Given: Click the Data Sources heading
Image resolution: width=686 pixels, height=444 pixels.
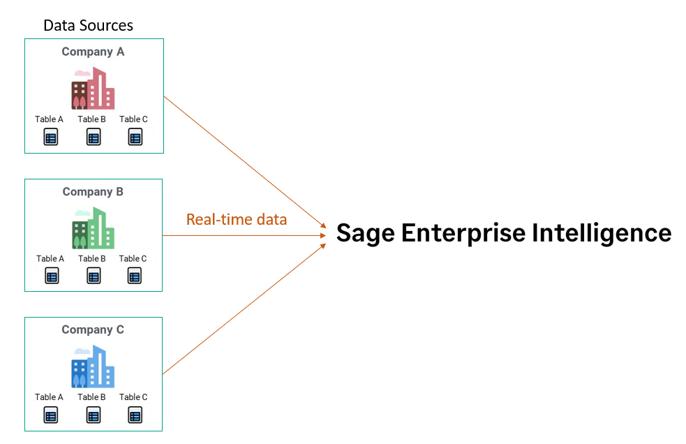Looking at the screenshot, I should click(88, 26).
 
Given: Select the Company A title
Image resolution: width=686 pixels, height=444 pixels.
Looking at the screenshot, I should click(93, 52).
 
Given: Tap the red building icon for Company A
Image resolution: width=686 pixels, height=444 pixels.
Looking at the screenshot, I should click(93, 89).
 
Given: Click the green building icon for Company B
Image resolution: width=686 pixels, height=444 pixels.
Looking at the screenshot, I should click(93, 228).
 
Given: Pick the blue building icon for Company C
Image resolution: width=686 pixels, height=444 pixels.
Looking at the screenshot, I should click(93, 367).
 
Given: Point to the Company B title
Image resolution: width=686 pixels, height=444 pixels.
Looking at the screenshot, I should click(93, 191).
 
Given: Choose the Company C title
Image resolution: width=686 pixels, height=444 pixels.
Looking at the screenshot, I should click(93, 330).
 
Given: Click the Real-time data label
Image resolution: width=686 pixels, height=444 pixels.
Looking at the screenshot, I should click(237, 219).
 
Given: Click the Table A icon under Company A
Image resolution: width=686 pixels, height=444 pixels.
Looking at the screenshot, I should click(50, 137).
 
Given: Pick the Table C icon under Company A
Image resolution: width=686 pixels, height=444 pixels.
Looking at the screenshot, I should click(135, 137).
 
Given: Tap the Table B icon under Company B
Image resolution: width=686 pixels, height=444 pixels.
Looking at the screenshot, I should click(94, 276).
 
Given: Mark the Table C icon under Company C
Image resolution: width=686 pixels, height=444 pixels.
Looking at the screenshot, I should click(135, 415).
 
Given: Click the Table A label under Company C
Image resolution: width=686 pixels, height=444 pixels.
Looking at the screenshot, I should click(49, 397).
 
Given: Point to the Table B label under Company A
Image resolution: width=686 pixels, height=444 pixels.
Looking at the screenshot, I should click(92, 119).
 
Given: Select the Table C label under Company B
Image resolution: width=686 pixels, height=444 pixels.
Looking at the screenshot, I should click(133, 259).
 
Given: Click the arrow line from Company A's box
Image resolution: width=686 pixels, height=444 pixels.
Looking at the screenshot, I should click(244, 161).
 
